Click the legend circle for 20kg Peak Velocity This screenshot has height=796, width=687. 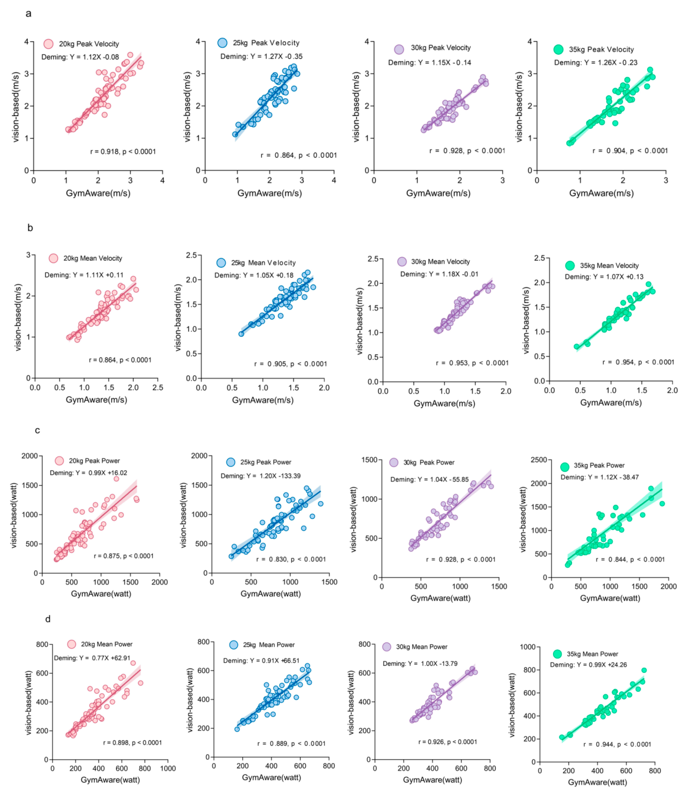tap(48, 44)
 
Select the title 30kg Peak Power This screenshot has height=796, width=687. tap(429, 463)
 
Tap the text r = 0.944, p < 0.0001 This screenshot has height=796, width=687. tap(617, 744)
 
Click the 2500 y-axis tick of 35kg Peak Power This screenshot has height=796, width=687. tap(539, 460)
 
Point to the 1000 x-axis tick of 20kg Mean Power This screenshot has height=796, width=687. tap(168, 768)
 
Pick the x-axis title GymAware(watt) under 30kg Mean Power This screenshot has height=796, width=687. tap(432, 780)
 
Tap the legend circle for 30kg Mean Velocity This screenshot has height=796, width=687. tap(402, 262)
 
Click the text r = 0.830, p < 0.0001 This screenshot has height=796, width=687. tap(291, 559)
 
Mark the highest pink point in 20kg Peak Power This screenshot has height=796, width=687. tap(116, 479)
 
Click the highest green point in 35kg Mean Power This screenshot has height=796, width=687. tap(644, 670)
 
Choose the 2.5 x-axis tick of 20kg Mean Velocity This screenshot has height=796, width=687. tap(158, 388)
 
